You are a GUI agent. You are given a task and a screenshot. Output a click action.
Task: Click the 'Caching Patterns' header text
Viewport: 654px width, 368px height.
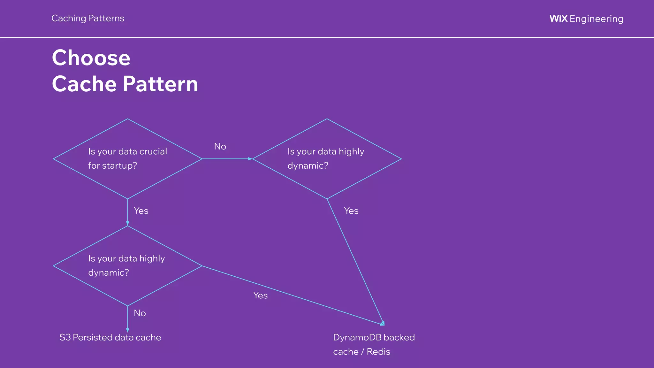88,19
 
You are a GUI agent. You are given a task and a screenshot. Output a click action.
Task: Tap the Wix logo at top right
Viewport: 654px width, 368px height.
559,19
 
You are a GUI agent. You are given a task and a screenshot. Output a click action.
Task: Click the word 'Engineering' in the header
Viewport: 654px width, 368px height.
596,19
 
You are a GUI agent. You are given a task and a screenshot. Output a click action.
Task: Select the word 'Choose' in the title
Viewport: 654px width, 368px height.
91,58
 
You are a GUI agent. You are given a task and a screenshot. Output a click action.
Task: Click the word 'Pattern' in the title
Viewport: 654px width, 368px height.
160,84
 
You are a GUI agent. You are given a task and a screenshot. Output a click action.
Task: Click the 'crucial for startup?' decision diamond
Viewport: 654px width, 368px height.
127,158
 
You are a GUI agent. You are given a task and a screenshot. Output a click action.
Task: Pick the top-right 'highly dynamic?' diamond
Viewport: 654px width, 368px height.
327,158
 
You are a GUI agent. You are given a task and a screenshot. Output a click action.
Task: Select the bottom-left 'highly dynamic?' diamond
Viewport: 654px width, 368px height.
127,265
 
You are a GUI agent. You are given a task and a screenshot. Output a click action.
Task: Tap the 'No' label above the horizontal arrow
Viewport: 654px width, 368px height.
220,147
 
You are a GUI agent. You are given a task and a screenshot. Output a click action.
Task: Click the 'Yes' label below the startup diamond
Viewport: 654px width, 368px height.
141,211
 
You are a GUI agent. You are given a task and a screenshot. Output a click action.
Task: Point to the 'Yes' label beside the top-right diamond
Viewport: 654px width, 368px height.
351,211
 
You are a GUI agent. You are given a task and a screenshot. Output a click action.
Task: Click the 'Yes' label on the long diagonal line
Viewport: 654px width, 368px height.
260,295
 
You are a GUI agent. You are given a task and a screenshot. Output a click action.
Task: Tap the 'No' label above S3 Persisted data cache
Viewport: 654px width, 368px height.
140,313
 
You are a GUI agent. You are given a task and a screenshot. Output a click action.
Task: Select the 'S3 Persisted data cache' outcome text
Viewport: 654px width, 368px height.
110,337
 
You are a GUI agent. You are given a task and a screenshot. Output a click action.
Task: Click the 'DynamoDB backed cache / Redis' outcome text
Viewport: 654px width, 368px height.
374,344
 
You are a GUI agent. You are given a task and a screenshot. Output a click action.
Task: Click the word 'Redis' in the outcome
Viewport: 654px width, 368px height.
378,352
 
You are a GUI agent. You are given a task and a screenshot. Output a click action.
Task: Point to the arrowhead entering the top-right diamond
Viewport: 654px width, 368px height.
250,159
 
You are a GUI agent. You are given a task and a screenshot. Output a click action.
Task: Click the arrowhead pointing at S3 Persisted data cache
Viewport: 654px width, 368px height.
127,330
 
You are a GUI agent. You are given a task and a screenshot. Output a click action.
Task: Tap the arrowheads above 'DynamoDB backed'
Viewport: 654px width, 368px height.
382,324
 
